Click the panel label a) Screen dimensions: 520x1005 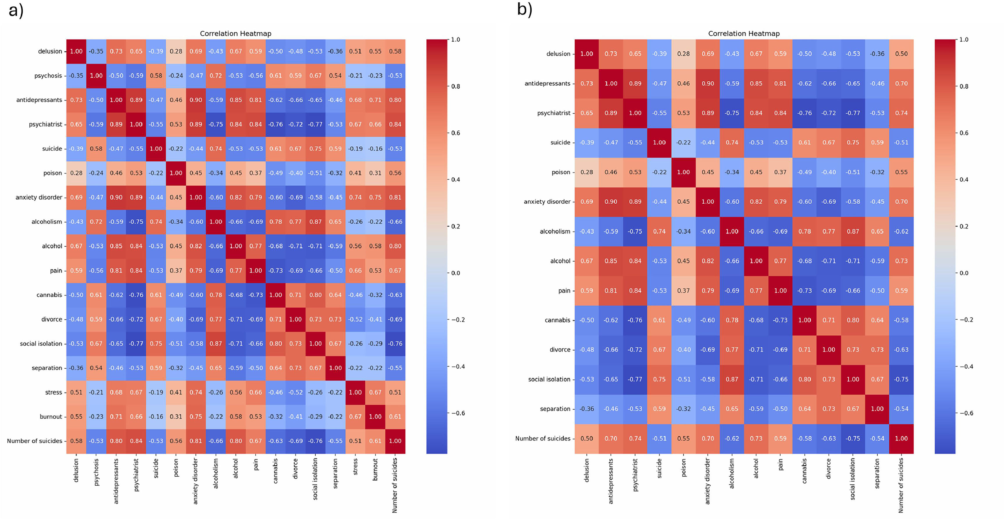coord(16,10)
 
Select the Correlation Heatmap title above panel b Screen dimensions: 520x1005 coord(744,33)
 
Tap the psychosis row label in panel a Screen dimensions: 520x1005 coord(48,76)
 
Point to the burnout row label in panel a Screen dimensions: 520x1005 coord(51,417)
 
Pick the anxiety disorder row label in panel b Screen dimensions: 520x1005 coord(547,202)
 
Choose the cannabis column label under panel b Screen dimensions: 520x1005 coord(804,471)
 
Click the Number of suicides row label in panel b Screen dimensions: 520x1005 coord(543,438)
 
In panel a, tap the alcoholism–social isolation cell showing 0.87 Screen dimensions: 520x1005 coord(315,222)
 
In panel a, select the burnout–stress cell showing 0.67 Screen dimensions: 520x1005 coord(355,417)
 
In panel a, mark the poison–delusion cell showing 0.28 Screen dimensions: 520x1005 coord(76,173)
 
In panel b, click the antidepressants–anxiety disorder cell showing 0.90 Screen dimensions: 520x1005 coord(708,83)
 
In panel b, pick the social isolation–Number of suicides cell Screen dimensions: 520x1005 coord(901,379)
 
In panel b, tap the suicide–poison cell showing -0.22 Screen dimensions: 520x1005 coord(684,142)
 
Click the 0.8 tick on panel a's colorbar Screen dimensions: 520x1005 coord(455,86)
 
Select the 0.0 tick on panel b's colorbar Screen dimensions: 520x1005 coord(964,273)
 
